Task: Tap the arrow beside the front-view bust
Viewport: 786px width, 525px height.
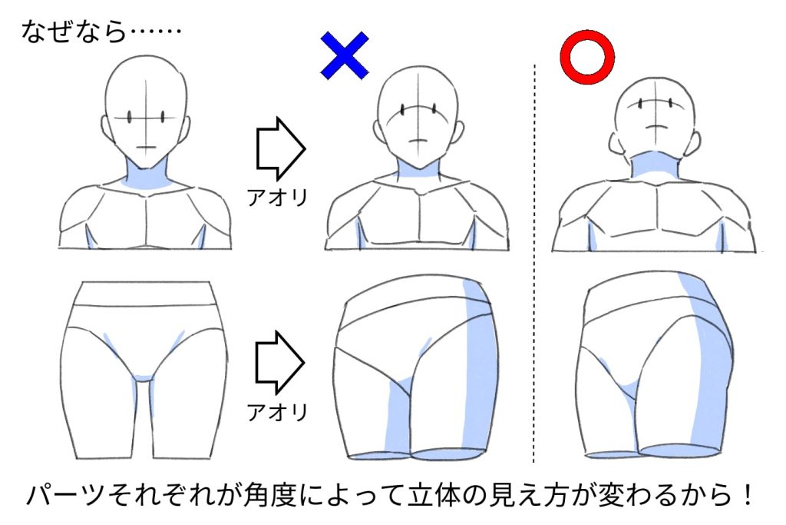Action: [280, 148]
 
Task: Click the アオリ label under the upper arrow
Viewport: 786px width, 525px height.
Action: [277, 198]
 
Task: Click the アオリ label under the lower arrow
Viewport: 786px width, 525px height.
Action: [277, 413]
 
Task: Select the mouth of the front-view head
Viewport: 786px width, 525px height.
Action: [147, 147]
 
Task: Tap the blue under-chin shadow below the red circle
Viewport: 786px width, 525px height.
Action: [653, 162]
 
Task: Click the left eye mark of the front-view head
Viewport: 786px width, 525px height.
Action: [130, 118]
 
